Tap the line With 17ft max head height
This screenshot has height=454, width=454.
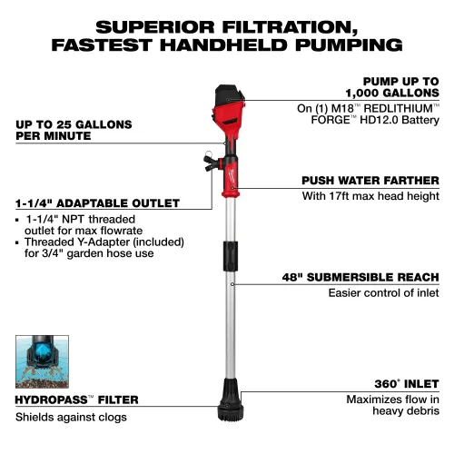[x=370, y=195]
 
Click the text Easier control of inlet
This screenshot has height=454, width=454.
[x=382, y=292]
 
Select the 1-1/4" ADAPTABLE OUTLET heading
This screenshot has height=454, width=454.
[x=96, y=203]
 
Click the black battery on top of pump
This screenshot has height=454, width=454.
[x=228, y=96]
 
